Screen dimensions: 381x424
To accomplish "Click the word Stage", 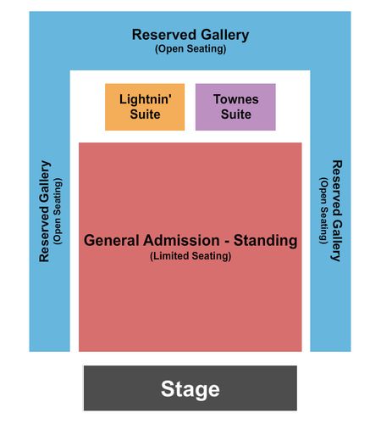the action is pyautogui.click(x=190, y=389).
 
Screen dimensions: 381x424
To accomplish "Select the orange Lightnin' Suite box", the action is pyautogui.click(x=145, y=107).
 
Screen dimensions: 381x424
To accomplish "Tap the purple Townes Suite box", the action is pyautogui.click(x=235, y=107).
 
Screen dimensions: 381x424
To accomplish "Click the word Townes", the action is pyautogui.click(x=236, y=99).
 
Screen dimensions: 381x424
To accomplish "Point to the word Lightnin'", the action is pyautogui.click(x=146, y=99).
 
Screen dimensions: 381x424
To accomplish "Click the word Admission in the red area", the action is pyautogui.click(x=181, y=241).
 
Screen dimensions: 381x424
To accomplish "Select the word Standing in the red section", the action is pyautogui.click(x=265, y=241).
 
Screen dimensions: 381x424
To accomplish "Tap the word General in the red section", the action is pyautogui.click(x=112, y=241).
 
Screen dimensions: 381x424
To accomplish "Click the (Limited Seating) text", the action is pyautogui.click(x=190, y=256).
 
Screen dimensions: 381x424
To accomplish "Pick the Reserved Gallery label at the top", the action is pyautogui.click(x=190, y=35).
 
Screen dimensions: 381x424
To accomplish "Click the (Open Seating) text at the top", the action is pyautogui.click(x=190, y=49).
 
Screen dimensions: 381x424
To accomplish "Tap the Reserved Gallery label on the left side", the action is pyautogui.click(x=44, y=211).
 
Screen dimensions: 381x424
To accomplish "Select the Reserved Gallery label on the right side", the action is pyautogui.click(x=336, y=210).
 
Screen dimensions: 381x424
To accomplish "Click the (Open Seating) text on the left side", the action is pyautogui.click(x=58, y=211).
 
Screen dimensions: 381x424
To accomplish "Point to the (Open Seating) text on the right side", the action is pyautogui.click(x=323, y=210).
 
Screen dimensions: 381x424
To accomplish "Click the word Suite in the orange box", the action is pyautogui.click(x=145, y=114).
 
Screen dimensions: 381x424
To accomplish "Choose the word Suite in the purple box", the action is pyautogui.click(x=236, y=114).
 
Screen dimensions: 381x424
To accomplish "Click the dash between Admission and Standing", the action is pyautogui.click(x=227, y=242).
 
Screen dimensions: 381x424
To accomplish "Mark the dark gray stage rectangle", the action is pyautogui.click(x=190, y=388).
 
